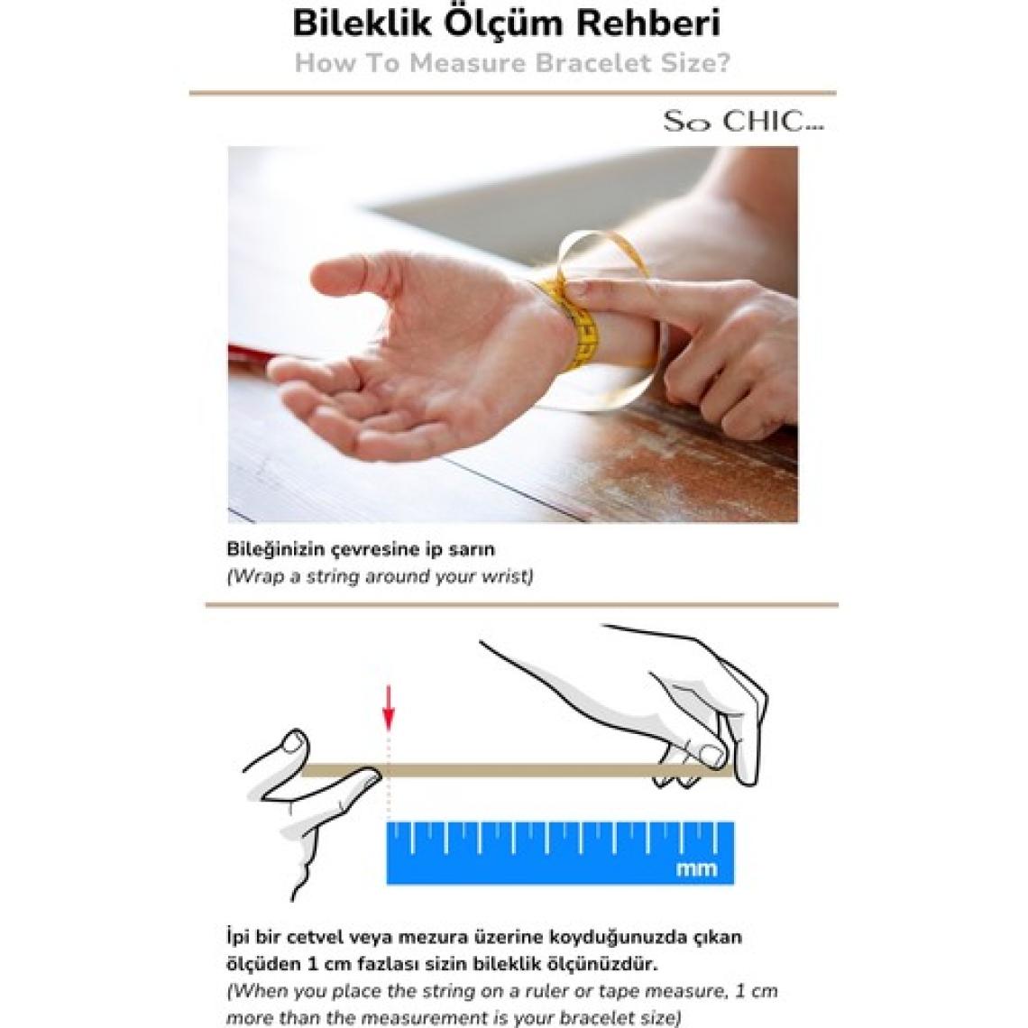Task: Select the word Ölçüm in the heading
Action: [503, 23]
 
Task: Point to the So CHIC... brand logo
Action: [743, 122]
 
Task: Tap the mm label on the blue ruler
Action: [696, 868]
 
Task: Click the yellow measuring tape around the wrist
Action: [583, 321]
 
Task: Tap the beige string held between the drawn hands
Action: [518, 771]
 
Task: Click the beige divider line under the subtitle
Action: [513, 93]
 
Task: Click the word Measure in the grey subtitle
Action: [469, 64]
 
